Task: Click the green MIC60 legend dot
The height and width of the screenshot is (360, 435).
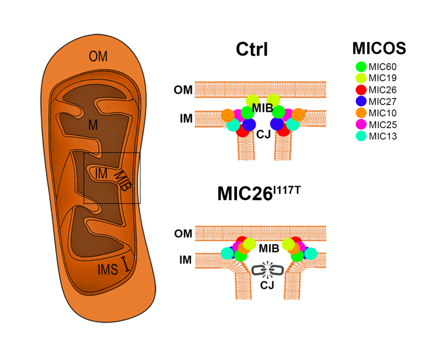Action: [x=361, y=67]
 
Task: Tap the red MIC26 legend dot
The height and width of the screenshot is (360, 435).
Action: [x=361, y=90]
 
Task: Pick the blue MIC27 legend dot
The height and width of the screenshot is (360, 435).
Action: [x=361, y=101]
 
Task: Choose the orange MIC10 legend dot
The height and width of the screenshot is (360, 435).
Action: [x=361, y=113]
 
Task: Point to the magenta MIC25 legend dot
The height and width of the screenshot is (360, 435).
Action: [x=361, y=124]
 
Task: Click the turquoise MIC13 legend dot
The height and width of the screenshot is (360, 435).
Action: [x=361, y=136]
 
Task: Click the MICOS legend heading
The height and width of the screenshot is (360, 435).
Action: [x=379, y=49]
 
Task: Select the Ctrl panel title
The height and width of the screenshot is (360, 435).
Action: [x=252, y=50]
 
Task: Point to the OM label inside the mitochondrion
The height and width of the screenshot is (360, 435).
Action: [x=98, y=56]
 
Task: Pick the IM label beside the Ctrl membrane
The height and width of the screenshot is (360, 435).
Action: [x=186, y=119]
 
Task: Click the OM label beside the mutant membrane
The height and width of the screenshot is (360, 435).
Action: [x=184, y=233]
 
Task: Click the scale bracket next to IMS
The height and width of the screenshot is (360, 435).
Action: [x=126, y=263]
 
